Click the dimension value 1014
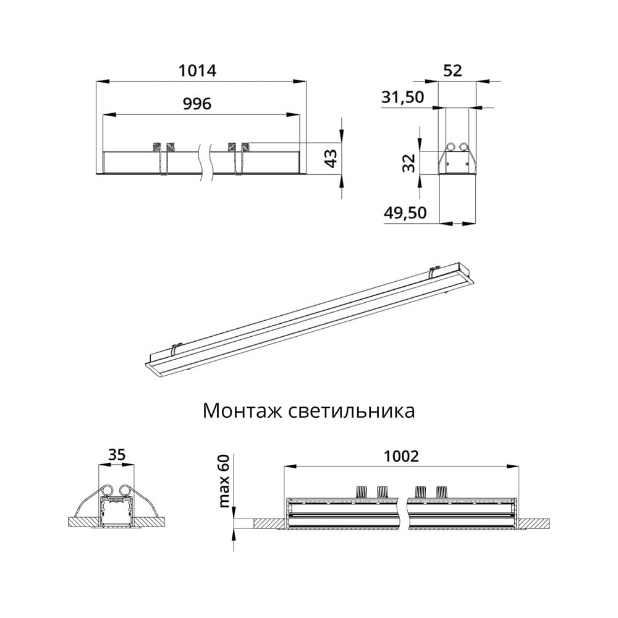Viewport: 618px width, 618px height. pos(197,71)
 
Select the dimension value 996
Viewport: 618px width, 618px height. pos(198,104)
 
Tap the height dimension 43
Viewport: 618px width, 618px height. pos(332,158)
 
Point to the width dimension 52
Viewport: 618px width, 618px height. pos(453,71)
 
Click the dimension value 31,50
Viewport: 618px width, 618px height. pos(404,97)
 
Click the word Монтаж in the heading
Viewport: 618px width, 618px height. pos(242,411)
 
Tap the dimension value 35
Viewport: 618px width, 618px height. pos(117,455)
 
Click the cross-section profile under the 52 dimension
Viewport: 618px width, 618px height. pos(457,161)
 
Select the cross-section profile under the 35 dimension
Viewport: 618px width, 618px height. pos(117,508)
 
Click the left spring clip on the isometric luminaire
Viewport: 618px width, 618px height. pos(176,350)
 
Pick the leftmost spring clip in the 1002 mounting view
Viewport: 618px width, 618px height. pos(361,492)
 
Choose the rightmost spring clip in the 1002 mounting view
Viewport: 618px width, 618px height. pos(441,492)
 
